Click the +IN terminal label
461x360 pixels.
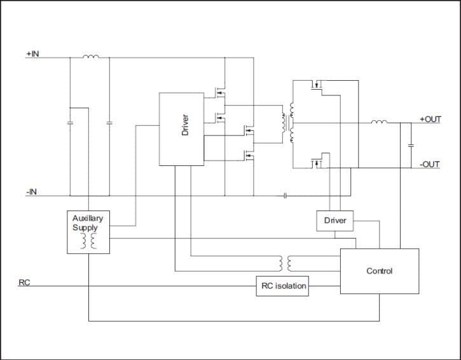point(32,54)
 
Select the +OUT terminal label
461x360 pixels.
point(430,119)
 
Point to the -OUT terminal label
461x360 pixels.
point(429,164)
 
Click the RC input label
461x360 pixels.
point(24,282)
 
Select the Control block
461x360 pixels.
point(380,271)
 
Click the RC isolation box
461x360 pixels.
point(282,286)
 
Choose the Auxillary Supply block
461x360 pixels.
point(88,232)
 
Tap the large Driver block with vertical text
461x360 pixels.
point(181,128)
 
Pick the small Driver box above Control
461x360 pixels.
point(335,220)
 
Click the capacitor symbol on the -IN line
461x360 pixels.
point(285,195)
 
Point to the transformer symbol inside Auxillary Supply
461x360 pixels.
point(88,241)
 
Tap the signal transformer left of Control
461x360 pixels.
point(286,263)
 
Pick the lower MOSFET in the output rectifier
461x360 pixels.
point(318,162)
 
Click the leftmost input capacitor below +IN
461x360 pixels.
point(70,122)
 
